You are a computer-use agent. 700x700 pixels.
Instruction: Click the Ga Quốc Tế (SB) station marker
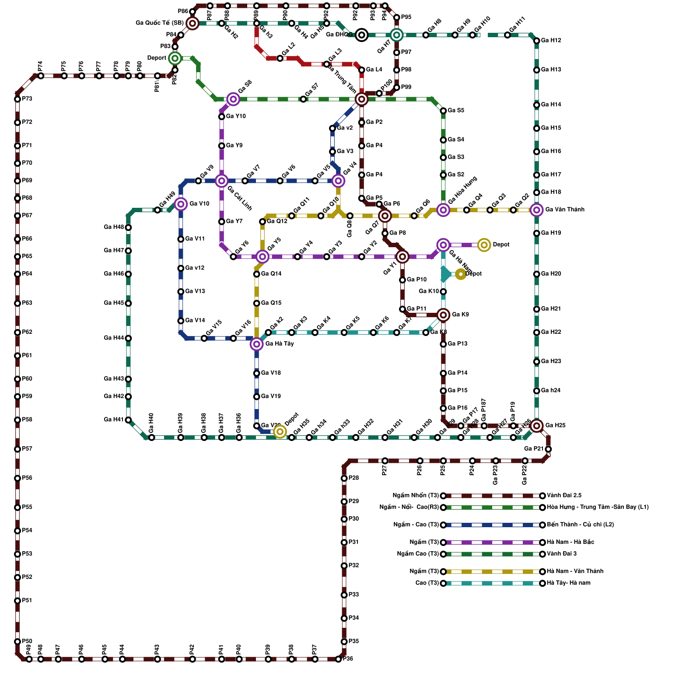click(192, 23)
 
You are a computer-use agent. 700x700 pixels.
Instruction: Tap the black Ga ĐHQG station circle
click(361, 35)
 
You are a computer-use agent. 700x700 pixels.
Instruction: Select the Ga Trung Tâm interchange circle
click(361, 99)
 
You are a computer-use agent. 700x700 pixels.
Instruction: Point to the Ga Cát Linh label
click(240, 198)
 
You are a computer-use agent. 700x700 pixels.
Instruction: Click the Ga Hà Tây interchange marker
click(257, 344)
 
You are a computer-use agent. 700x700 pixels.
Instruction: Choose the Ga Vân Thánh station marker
click(536, 210)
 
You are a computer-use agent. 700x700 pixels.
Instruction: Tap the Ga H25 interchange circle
click(536, 426)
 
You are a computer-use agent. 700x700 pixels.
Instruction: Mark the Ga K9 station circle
click(443, 315)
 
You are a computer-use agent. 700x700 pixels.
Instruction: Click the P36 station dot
click(338, 659)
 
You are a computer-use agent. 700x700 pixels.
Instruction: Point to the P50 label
click(27, 641)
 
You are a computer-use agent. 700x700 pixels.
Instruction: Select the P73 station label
click(27, 99)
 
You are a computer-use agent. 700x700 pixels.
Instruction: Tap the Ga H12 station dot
click(536, 41)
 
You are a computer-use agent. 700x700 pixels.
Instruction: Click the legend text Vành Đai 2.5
click(564, 496)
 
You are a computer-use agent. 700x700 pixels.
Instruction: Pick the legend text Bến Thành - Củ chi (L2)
click(580, 525)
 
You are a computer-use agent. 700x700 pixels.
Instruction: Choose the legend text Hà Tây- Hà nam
click(568, 583)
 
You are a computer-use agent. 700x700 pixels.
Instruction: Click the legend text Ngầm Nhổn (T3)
click(416, 496)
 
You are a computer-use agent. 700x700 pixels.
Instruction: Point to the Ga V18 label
click(271, 373)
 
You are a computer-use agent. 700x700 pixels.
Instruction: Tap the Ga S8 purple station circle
click(233, 99)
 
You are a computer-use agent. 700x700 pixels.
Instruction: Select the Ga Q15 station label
click(271, 303)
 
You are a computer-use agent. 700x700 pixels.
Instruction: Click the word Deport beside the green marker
click(157, 58)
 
